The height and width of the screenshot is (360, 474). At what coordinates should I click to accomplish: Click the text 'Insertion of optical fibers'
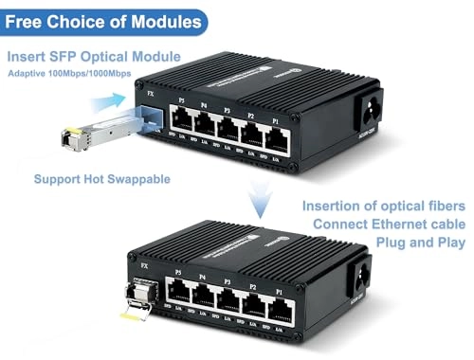(383, 206)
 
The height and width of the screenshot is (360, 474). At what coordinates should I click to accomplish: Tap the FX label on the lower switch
(144, 268)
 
